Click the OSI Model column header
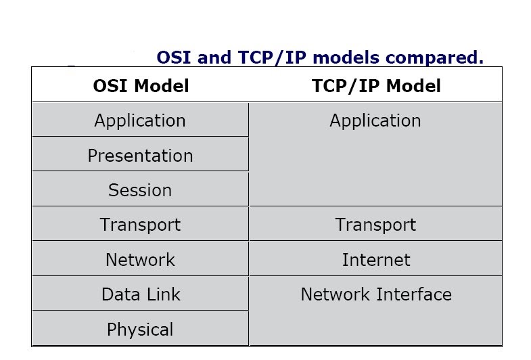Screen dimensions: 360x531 (141, 86)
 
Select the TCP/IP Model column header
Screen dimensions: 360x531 (376, 86)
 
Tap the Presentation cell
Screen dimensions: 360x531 (140, 156)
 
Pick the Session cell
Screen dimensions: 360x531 (140, 190)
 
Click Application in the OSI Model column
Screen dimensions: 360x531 (140, 120)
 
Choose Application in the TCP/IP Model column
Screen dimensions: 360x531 (375, 120)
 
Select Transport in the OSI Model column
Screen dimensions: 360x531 (140, 225)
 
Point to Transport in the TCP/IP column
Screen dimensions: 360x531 (375, 225)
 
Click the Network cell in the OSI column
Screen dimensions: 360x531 (140, 260)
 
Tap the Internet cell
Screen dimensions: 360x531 (375, 260)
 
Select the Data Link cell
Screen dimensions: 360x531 (141, 295)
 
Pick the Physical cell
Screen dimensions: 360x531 (140, 330)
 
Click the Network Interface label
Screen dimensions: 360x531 (376, 295)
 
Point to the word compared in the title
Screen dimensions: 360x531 (443, 58)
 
